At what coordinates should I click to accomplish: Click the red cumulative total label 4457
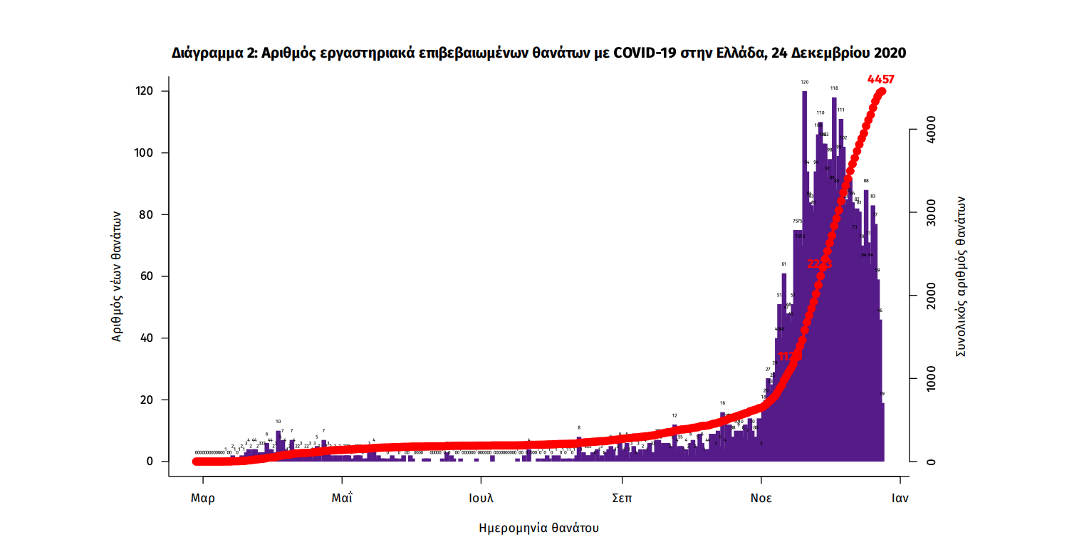click(x=880, y=79)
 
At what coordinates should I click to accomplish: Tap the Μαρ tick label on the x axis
click(x=203, y=498)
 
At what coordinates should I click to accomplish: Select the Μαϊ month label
click(x=342, y=498)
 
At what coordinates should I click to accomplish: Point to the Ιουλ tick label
click(x=481, y=498)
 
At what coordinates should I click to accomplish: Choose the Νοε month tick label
click(x=761, y=498)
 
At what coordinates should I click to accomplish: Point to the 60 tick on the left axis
click(x=150, y=276)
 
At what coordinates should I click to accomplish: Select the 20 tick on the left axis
click(x=150, y=400)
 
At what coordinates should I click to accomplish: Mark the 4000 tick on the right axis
click(x=931, y=130)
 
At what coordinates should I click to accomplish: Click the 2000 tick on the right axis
click(x=931, y=296)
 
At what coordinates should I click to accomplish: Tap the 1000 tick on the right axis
click(x=931, y=379)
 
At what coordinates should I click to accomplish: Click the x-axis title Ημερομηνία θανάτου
click(x=538, y=529)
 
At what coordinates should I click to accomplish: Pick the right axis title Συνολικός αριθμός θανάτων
click(x=961, y=276)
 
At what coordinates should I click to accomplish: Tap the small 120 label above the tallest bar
click(x=805, y=83)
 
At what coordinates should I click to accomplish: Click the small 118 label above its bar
click(x=834, y=88)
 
